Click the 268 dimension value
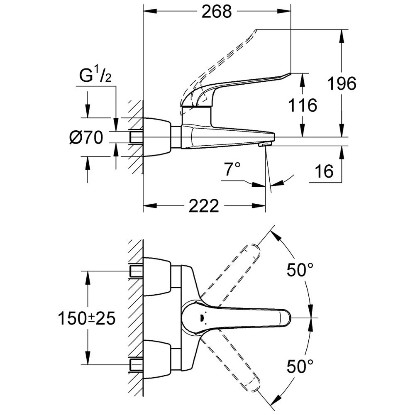pos(216,12)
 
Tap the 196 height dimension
pos(341,84)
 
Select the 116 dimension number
pos(303,105)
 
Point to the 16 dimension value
pos(324,171)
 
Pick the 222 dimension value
pos(203,205)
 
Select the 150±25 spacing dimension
pos(87,319)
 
